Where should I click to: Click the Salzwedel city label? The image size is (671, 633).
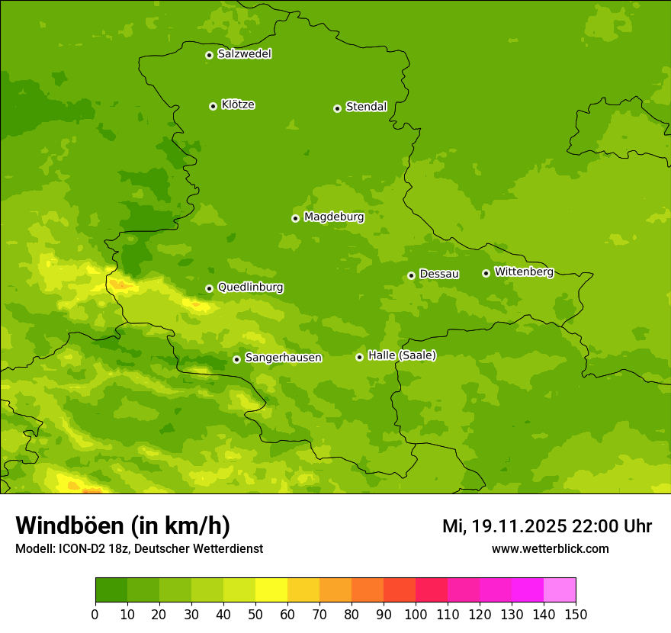[x=244, y=54]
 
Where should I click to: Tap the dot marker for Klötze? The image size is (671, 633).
[x=213, y=106]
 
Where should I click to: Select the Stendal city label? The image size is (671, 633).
[x=366, y=107]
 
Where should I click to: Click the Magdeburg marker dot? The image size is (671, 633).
[x=295, y=218]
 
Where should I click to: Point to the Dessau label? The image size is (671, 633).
[x=439, y=274]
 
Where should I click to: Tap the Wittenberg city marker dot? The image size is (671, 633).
[x=486, y=273]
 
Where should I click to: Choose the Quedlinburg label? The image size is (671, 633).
[x=250, y=288]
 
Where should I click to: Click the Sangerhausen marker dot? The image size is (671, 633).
[x=236, y=359]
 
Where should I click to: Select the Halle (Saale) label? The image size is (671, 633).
[x=402, y=355]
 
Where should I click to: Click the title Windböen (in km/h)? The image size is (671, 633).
[x=123, y=526]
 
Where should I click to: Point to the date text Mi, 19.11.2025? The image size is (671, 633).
[x=503, y=526]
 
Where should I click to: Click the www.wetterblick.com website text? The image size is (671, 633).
[x=550, y=548]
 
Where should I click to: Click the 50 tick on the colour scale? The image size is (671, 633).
[x=255, y=615]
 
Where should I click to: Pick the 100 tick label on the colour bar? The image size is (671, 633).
[x=416, y=615]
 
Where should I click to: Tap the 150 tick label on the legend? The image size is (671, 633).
[x=576, y=615]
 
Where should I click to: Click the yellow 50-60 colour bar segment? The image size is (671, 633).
[x=271, y=590]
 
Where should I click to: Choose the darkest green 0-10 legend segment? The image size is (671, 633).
[x=111, y=590]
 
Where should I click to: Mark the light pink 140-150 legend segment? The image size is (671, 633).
[x=560, y=590]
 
